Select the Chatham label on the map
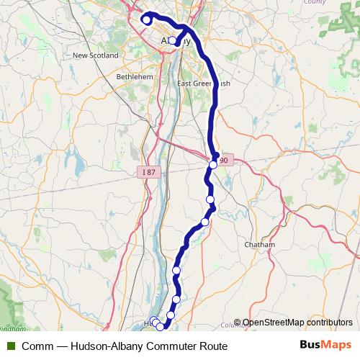pyautogui.click(x=260, y=245)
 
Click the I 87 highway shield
pyautogui.click(x=148, y=172)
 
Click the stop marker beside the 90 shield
pyautogui.click(x=213, y=166)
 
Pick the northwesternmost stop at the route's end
pyautogui.click(x=146, y=20)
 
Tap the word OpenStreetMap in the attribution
pyautogui.click(x=272, y=323)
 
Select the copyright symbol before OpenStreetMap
pyautogui.click(x=238, y=323)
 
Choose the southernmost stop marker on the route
pyautogui.click(x=160, y=327)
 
